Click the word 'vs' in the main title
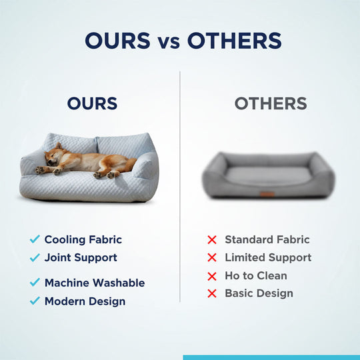(x=168, y=41)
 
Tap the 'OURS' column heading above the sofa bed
(x=92, y=104)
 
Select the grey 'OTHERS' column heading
(x=271, y=104)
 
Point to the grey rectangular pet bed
(x=268, y=175)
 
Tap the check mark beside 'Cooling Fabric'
(x=35, y=239)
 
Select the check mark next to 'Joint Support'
(x=35, y=257)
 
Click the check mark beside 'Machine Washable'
(x=35, y=283)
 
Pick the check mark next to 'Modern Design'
(x=35, y=301)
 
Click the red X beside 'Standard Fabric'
(x=212, y=239)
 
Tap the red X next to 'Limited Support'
(x=212, y=257)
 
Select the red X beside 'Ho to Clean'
(x=212, y=275)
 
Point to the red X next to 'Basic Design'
(x=212, y=293)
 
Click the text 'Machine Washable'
(x=94, y=283)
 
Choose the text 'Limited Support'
(x=268, y=257)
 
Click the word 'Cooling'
(x=65, y=239)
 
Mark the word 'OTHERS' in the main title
(x=234, y=41)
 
